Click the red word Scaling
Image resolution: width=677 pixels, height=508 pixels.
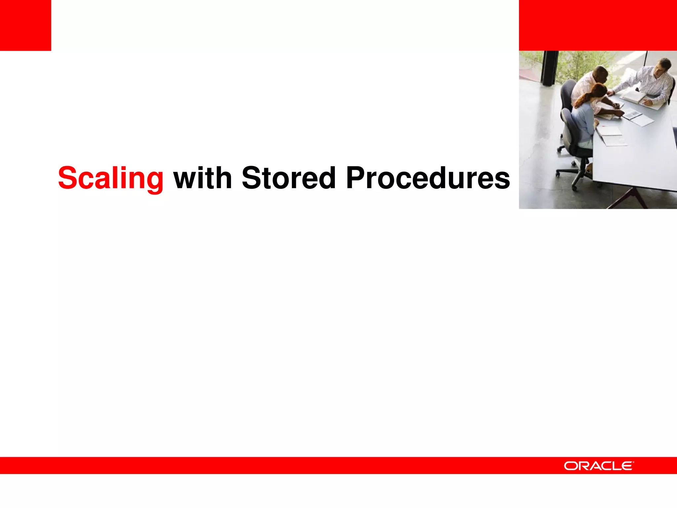pyautogui.click(x=111, y=178)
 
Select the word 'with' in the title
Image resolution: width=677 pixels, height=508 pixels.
pyautogui.click(x=203, y=178)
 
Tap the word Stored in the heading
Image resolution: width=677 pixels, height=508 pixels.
pyautogui.click(x=289, y=178)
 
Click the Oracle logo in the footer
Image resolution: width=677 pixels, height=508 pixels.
pyautogui.click(x=599, y=466)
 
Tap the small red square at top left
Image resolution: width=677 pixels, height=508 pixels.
pyautogui.click(x=25, y=25)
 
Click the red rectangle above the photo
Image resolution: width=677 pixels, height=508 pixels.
pyautogui.click(x=598, y=25)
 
